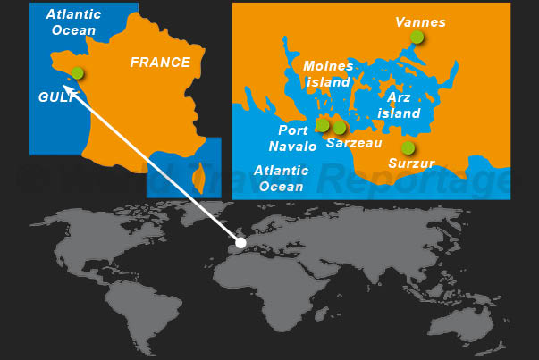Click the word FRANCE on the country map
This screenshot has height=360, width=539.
pos(160,63)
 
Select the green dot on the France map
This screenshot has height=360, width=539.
pos(78,73)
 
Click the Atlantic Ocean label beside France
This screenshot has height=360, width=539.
pos(73,22)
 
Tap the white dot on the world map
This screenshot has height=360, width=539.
pos(240,242)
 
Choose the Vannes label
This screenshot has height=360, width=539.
pos(420,21)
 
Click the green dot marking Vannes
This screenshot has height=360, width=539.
pos(417,37)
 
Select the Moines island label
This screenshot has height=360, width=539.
pos(328,73)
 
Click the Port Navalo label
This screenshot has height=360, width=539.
pos(292,138)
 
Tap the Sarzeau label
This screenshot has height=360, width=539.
pos(354,142)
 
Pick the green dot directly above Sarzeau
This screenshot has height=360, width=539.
pos(340,128)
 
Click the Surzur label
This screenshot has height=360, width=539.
pos(411,163)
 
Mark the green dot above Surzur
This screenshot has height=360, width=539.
pos(408,147)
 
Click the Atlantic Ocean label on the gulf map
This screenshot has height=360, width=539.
pos(281,178)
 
